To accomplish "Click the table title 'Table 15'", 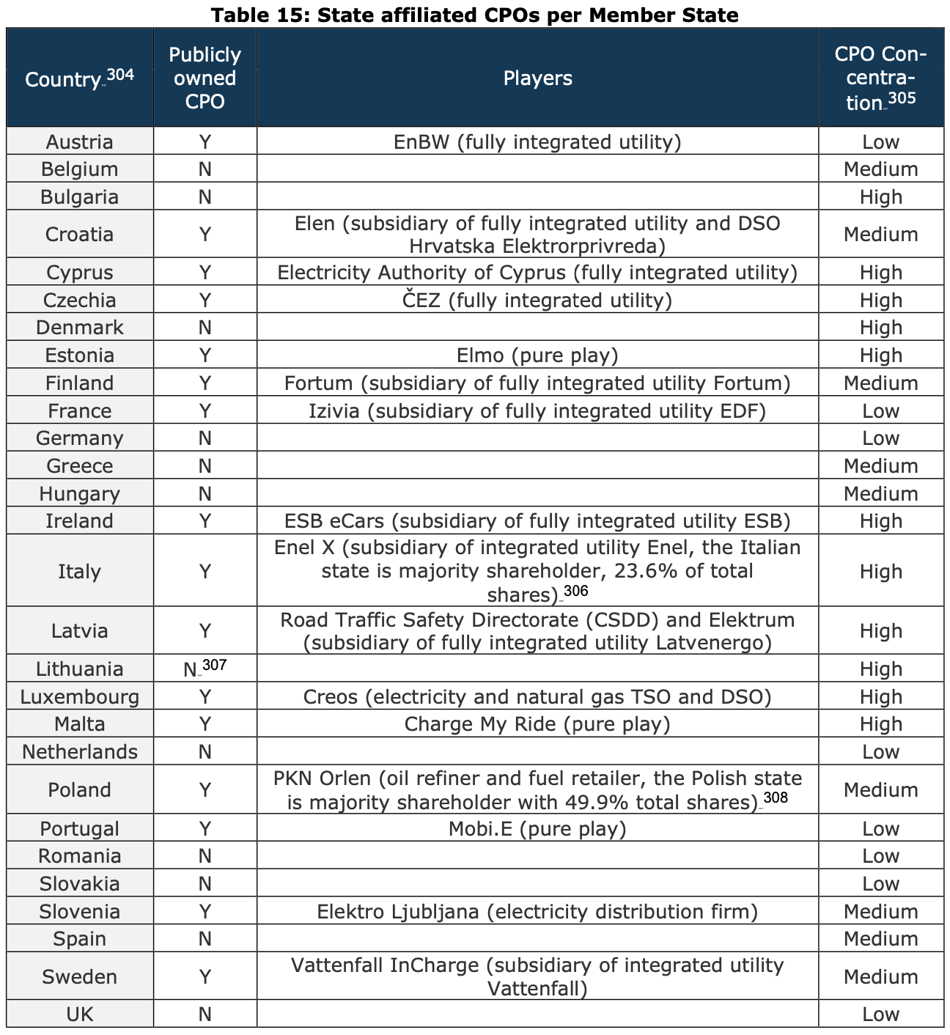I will click(474, 14).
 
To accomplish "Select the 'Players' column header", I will click(537, 78).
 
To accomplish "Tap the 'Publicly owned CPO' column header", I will click(205, 78).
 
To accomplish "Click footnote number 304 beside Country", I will click(120, 73).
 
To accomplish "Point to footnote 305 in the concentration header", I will click(902, 97).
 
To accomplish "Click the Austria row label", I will click(79, 141).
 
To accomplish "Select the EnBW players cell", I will click(537, 141).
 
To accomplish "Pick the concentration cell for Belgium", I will click(880, 169).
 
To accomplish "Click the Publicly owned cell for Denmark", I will click(205, 328).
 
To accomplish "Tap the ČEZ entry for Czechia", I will click(537, 300).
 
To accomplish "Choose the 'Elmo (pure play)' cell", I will click(537, 356).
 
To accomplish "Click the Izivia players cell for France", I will click(537, 410).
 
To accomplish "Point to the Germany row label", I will click(79, 438).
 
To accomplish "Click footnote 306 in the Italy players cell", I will click(576, 591).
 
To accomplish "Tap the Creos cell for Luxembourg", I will click(537, 696).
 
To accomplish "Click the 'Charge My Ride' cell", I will click(537, 724).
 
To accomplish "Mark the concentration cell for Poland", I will click(880, 789).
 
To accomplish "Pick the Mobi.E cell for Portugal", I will click(537, 828).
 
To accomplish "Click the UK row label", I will click(79, 1014).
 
